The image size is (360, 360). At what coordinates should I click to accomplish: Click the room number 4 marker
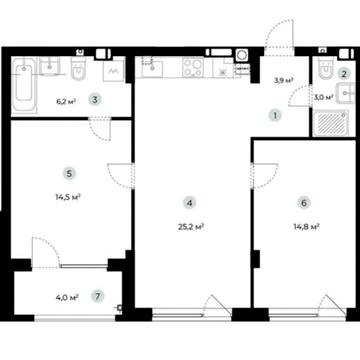(190, 203)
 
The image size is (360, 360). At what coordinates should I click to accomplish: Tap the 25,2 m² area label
(191, 227)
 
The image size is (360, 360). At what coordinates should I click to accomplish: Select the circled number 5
(69, 173)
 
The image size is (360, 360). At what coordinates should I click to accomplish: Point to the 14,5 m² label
(68, 197)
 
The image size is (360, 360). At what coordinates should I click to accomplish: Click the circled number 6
(304, 203)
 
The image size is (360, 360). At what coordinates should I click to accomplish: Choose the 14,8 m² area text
(307, 227)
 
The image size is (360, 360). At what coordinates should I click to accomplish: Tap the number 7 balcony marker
(97, 296)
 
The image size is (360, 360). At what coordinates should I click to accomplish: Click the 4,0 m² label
(67, 297)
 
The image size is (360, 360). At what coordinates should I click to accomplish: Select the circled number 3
(95, 100)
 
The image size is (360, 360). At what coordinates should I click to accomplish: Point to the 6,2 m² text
(66, 101)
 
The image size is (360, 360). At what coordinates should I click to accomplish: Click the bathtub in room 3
(24, 85)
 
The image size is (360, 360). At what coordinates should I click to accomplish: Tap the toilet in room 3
(78, 69)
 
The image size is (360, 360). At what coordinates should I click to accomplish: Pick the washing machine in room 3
(114, 70)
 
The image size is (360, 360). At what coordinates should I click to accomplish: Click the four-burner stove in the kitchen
(193, 67)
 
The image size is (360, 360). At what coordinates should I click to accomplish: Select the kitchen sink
(152, 67)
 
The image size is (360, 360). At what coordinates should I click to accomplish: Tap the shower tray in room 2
(331, 123)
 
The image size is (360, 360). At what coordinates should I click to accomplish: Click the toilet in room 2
(325, 67)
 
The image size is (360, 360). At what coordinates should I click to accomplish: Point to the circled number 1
(275, 116)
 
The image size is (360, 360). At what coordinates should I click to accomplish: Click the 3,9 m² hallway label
(284, 80)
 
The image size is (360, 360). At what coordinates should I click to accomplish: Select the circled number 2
(344, 74)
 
